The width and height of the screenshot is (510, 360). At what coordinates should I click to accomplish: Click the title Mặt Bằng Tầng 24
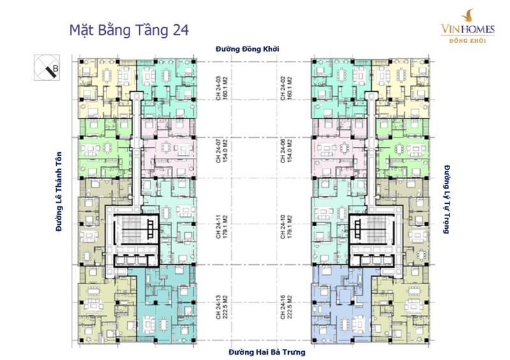129,30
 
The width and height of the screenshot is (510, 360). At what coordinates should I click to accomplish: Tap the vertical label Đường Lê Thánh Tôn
59,191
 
